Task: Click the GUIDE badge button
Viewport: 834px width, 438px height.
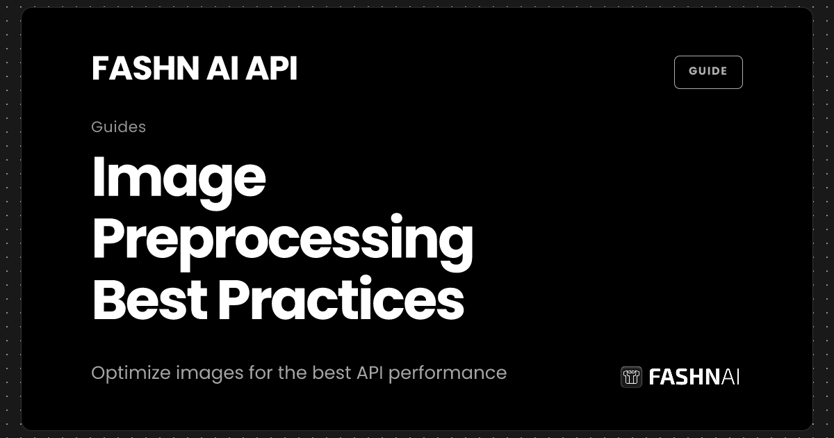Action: coord(708,72)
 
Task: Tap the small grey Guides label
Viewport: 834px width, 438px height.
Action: coord(118,127)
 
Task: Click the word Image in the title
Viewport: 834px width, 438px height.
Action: coord(179,179)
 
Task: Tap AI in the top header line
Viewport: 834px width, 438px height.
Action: coord(210,69)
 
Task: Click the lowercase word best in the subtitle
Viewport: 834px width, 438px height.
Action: coord(332,373)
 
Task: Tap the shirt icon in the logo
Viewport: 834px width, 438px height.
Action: coord(631,377)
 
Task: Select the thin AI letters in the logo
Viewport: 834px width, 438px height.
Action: coord(730,377)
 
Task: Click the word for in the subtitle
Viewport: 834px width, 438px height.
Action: coord(261,373)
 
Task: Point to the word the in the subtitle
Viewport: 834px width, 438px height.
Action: coord(293,373)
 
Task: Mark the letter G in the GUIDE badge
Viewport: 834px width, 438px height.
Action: coord(692,72)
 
